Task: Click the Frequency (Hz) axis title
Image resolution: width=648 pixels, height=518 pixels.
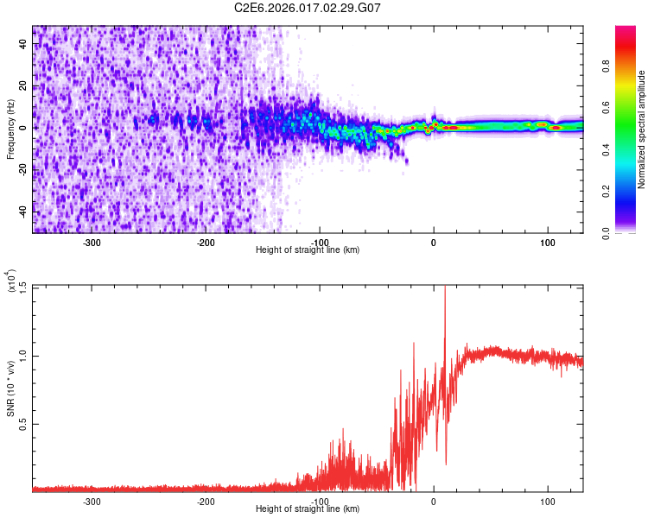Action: (x=10, y=129)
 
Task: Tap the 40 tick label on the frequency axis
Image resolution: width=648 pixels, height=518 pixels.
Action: (x=24, y=45)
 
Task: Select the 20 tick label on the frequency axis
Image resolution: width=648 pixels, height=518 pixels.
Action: (x=24, y=86)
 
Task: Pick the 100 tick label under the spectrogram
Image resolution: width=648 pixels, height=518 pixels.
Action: (x=547, y=243)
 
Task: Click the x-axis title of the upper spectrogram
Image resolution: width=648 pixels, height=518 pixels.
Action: (x=308, y=250)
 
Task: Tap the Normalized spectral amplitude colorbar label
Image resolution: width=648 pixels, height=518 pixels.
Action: (x=642, y=129)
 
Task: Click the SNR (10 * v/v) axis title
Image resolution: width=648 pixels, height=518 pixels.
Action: (x=10, y=388)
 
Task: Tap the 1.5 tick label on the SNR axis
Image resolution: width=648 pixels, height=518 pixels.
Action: (x=22, y=287)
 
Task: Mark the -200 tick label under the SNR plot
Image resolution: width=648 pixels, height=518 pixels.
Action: (x=205, y=502)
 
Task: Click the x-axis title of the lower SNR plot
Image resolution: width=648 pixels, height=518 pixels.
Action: (x=308, y=509)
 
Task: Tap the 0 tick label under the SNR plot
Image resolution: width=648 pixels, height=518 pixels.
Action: (x=434, y=502)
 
